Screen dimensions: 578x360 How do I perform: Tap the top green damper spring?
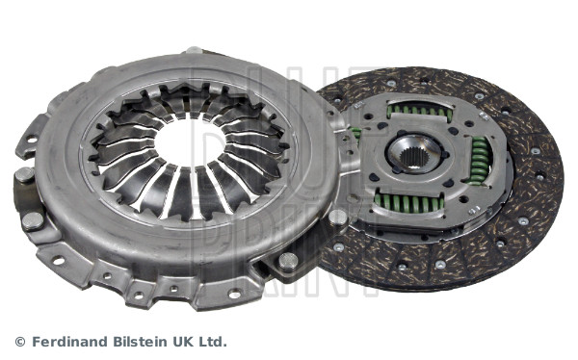[x=420, y=111]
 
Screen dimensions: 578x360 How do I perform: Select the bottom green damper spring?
[x=408, y=202]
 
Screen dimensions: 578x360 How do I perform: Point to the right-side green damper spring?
[x=479, y=161]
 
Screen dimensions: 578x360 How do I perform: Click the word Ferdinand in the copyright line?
[x=70, y=342]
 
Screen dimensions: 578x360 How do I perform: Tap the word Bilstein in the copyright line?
[x=141, y=342]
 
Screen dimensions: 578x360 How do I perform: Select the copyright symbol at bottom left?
[x=20, y=342]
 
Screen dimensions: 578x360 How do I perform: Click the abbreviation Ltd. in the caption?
[x=211, y=342]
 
